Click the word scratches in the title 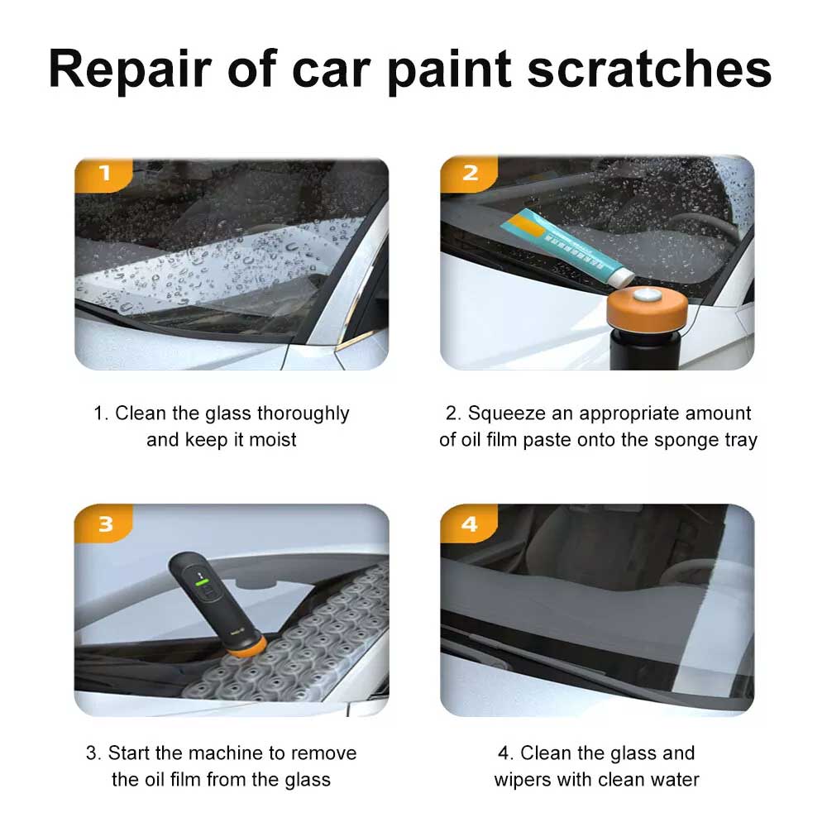(x=649, y=69)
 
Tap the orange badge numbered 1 (x=103, y=174)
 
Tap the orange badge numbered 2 (x=469, y=174)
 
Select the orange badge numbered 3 (x=103, y=523)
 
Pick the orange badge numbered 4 (x=469, y=523)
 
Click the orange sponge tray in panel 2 (x=648, y=311)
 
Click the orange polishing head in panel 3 (x=246, y=647)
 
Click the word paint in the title (x=449, y=70)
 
